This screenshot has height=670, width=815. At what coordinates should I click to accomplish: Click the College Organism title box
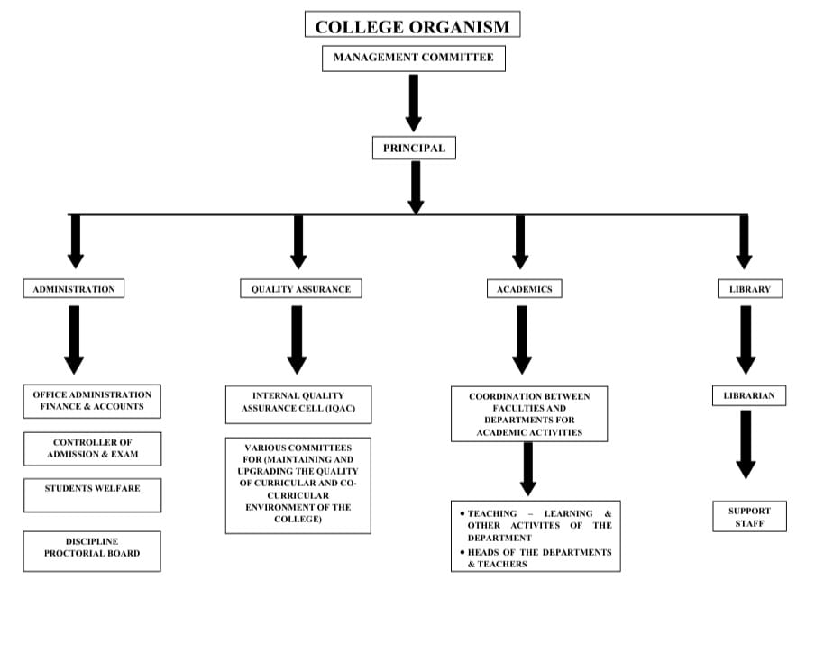coord(412,25)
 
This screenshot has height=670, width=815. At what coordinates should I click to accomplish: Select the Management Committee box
coord(413,58)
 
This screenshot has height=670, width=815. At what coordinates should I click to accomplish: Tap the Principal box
coord(414,148)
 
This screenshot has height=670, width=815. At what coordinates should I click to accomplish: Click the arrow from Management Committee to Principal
coord(413,101)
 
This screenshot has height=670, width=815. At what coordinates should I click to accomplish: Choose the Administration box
coord(74,289)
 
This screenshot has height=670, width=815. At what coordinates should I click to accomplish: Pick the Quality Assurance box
coord(300,289)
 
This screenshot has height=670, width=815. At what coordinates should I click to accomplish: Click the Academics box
coord(524,289)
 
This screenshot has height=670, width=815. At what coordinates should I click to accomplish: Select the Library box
coord(749,289)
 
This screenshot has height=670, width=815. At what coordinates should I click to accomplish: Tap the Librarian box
coord(748,395)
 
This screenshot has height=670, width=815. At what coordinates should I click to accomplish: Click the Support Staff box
coord(748,517)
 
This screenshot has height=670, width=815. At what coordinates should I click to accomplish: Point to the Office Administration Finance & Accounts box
coord(92,401)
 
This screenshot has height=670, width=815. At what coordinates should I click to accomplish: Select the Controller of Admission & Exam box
coord(92,448)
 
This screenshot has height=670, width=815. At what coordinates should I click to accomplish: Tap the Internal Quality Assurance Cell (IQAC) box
coord(298,403)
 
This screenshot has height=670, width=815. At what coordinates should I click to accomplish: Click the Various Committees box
coord(298,484)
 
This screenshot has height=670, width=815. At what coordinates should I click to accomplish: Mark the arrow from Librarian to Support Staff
coord(746,445)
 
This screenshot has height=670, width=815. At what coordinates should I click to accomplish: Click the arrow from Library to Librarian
coord(746,339)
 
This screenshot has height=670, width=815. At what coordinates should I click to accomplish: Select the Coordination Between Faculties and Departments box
coord(529,414)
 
